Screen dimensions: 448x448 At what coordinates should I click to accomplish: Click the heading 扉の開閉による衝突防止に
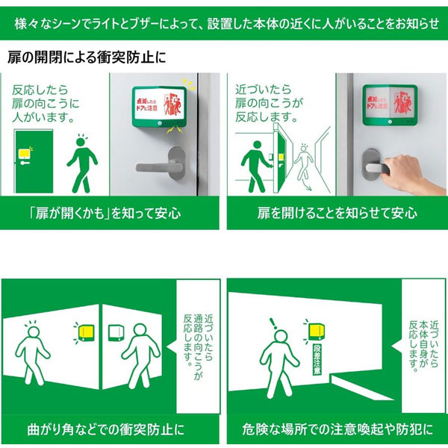tap(87, 57)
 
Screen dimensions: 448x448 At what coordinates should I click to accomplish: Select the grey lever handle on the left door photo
tap(162, 164)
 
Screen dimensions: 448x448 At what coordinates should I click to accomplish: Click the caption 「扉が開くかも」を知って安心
tap(105, 213)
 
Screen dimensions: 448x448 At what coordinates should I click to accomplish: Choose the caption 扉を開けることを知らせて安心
tap(337, 213)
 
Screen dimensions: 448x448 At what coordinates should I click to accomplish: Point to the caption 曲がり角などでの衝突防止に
tap(106, 429)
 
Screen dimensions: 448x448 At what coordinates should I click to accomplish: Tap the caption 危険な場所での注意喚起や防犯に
tap(337, 429)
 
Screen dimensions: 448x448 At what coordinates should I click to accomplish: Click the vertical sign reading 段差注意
tap(317, 359)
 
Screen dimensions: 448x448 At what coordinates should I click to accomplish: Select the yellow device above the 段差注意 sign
tap(317, 332)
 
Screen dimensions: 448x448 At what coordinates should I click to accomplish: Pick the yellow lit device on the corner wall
tap(87, 333)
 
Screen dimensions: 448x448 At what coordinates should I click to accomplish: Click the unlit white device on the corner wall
tap(116, 333)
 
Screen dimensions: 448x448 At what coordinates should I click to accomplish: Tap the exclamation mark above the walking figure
tap(273, 323)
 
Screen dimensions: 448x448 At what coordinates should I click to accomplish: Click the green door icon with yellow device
tap(34, 161)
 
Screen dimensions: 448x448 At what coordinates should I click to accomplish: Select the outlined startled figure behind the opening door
tap(303, 164)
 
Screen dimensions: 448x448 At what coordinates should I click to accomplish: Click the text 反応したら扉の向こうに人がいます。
tap(46, 104)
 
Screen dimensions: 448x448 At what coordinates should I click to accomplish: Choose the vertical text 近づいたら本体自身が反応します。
tap(423, 346)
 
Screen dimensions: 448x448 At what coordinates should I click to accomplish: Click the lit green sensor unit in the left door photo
tap(160, 107)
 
